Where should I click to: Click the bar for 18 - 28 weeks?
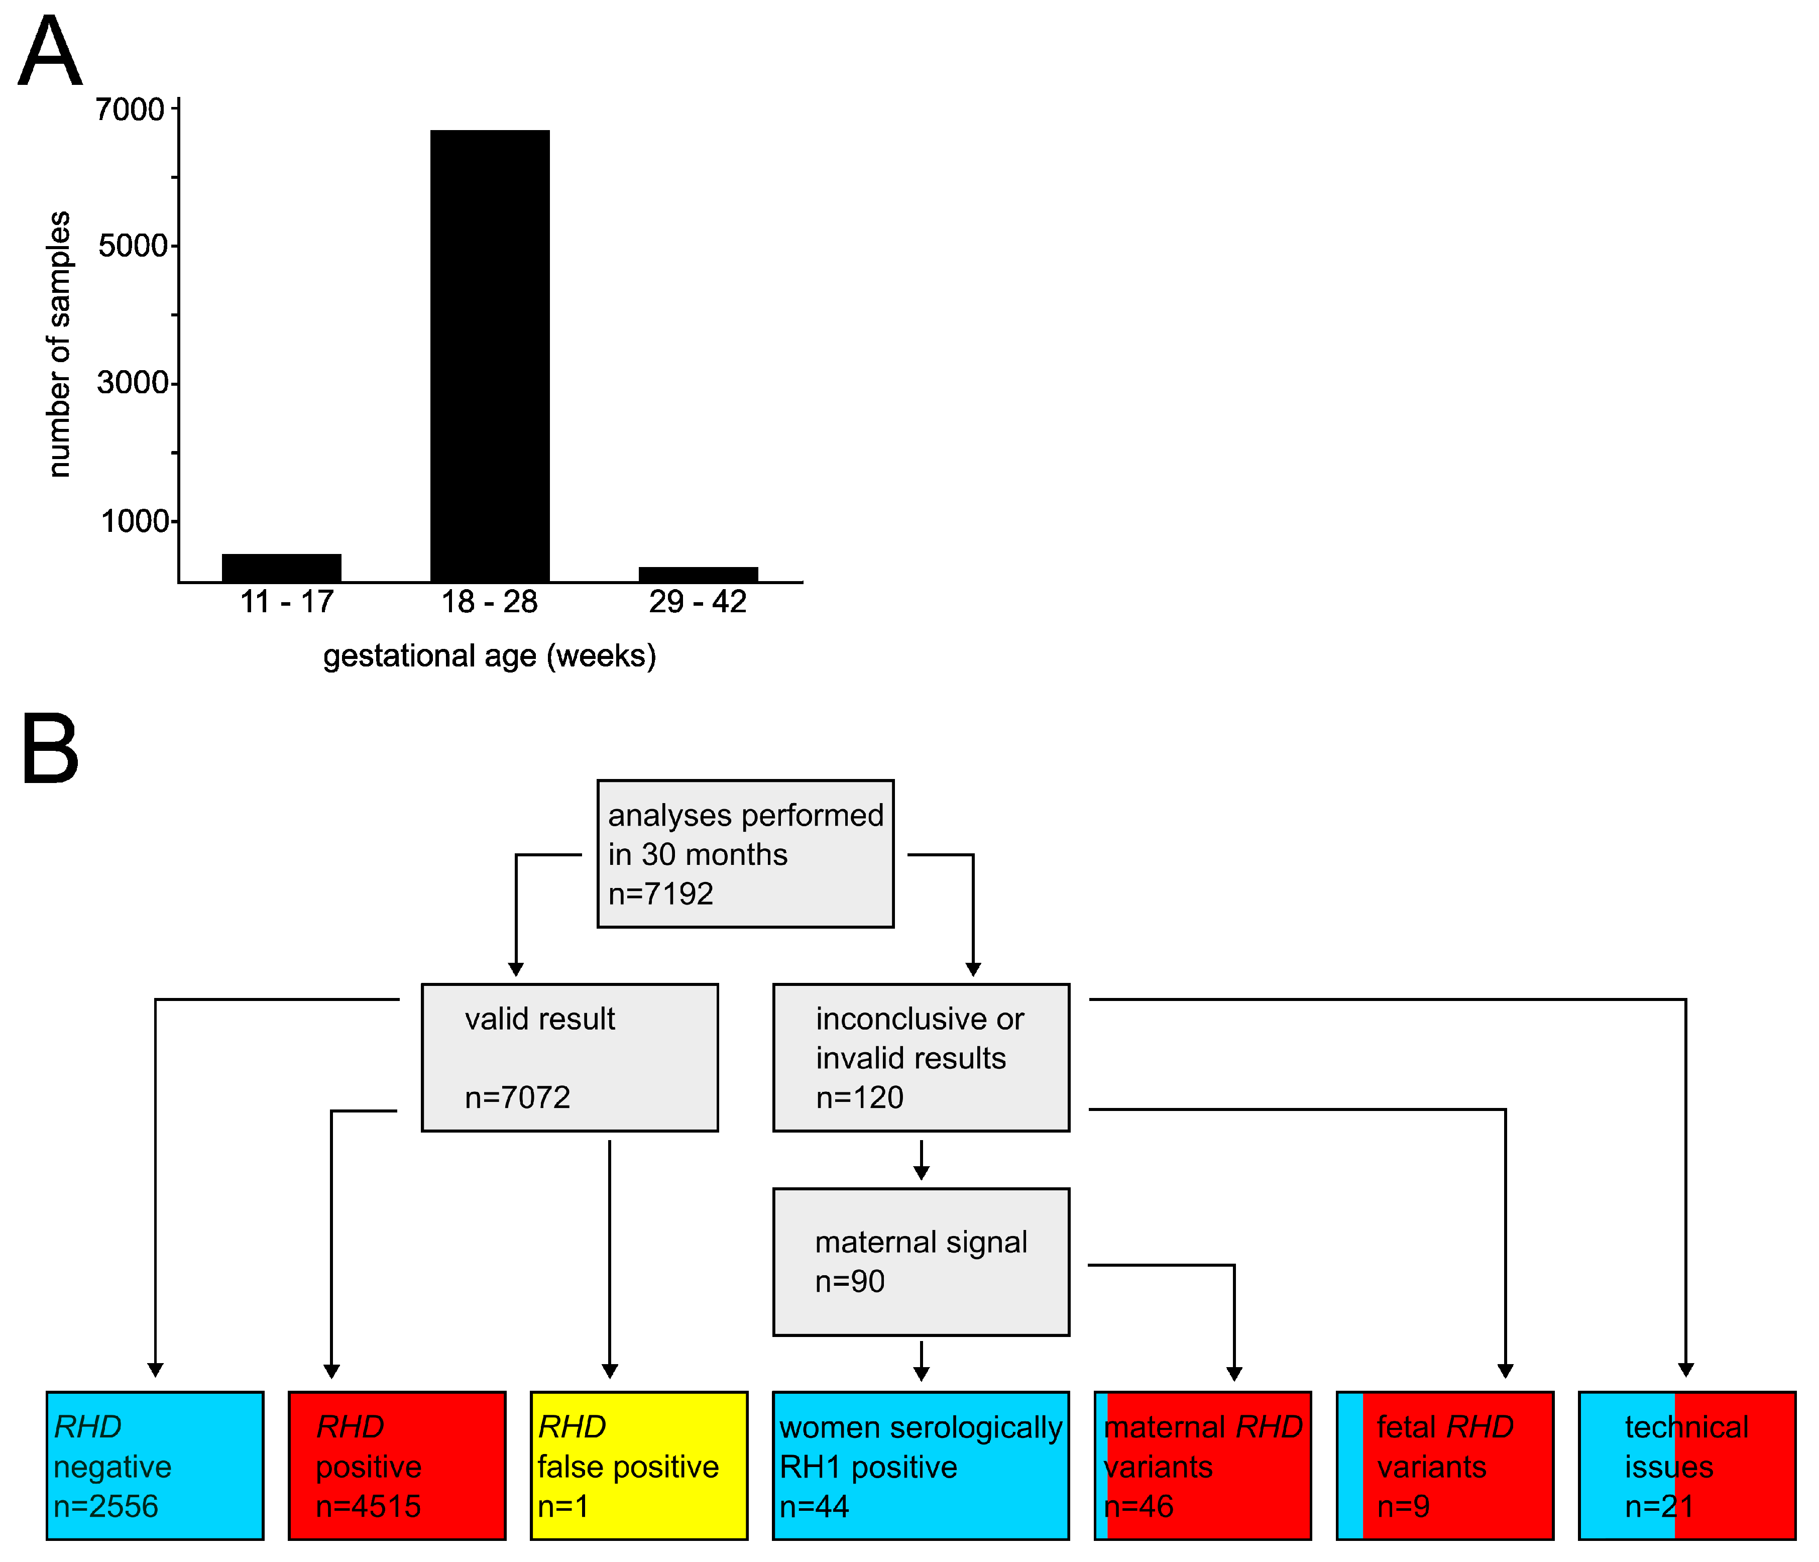(x=490, y=356)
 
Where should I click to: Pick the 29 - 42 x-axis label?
(x=698, y=602)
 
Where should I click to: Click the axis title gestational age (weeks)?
(x=489, y=656)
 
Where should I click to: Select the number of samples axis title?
(x=59, y=344)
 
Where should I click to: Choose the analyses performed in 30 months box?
(x=745, y=853)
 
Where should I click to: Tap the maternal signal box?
(x=921, y=1262)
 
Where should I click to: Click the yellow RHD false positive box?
(x=639, y=1466)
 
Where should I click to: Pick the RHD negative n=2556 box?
(x=155, y=1466)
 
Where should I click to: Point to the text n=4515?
(x=369, y=1507)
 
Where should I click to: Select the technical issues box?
(x=1686, y=1466)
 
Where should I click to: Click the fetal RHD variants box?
(x=1445, y=1466)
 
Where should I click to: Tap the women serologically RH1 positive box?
(x=921, y=1466)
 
